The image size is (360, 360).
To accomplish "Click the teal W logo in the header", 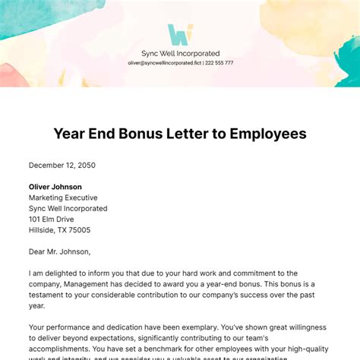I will [180, 35].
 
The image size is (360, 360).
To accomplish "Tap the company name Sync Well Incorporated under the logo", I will [180, 53].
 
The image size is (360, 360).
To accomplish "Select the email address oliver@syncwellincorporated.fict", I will [164, 63].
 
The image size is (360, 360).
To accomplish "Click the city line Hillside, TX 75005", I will [60, 230].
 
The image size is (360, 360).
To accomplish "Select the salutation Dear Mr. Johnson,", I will [59, 251].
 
